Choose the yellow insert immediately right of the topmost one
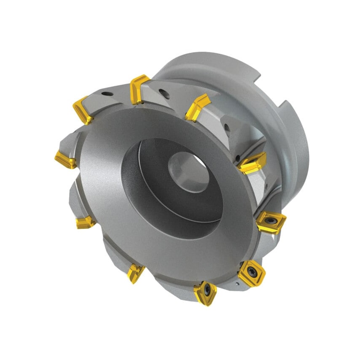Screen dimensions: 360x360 (x=197, y=107)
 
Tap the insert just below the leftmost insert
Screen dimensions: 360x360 (x=86, y=222)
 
